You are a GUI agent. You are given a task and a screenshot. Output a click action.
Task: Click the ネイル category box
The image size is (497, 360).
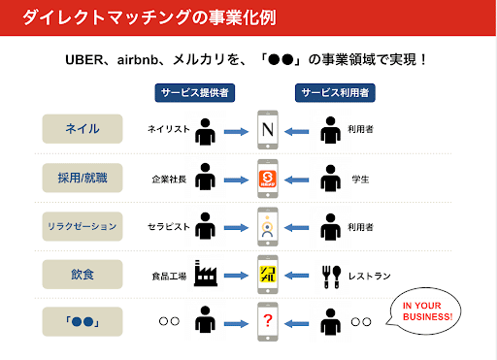(x=83, y=128)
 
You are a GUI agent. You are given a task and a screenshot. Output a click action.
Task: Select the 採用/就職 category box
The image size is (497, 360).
(x=83, y=178)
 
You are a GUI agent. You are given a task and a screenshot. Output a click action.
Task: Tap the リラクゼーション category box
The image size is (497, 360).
(x=83, y=227)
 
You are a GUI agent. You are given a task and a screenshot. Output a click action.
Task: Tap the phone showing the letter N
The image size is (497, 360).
(x=268, y=129)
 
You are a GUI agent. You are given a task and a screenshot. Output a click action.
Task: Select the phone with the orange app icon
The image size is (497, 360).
(x=268, y=179)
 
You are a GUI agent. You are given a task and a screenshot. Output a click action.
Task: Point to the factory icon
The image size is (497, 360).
(x=205, y=274)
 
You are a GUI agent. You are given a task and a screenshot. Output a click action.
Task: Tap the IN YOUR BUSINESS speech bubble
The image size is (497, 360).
(x=426, y=313)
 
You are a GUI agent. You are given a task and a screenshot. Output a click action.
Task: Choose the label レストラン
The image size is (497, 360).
(x=367, y=276)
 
